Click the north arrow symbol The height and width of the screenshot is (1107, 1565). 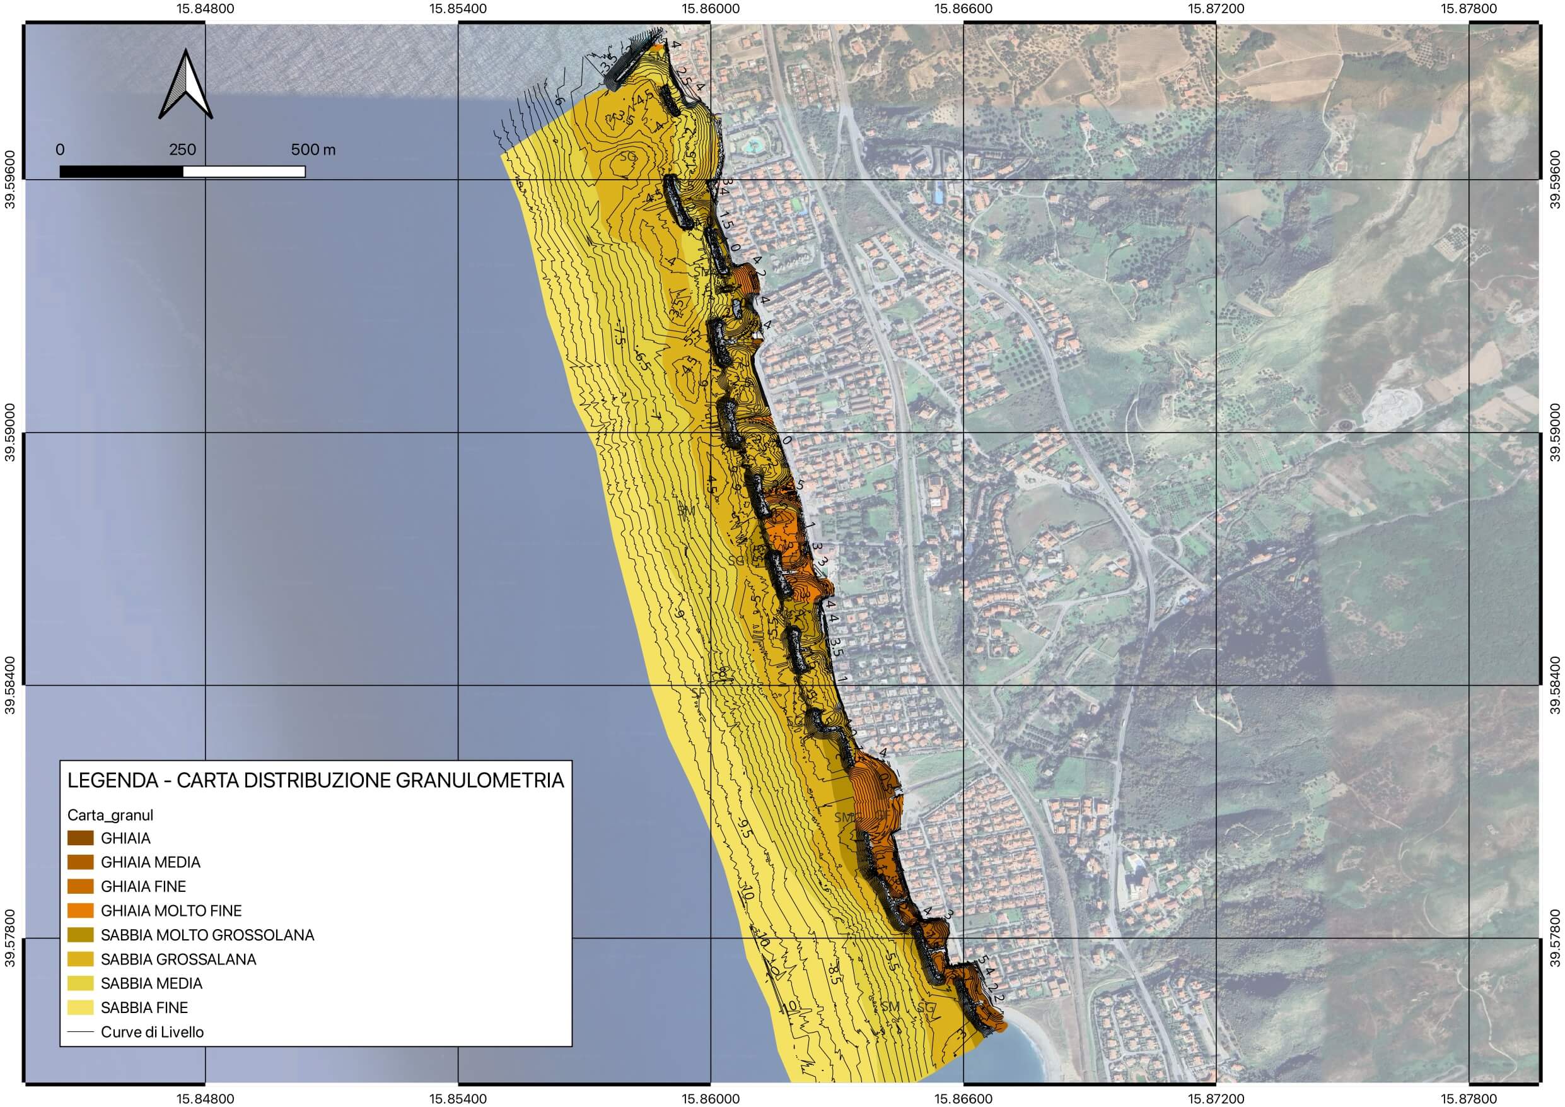coord(185,86)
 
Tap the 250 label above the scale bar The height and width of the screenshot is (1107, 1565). coord(182,150)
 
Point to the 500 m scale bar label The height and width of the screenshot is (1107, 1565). coord(313,150)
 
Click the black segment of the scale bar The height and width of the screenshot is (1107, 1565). coord(121,171)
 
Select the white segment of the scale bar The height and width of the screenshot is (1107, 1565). coord(244,171)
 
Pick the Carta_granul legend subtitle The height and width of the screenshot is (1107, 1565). coord(110,815)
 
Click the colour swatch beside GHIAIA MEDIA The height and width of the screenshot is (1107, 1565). coord(81,862)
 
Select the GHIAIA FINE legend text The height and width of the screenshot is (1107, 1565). coord(143,887)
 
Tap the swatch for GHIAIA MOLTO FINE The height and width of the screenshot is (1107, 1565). coord(81,911)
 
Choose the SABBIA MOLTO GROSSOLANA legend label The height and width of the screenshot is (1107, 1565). coord(207,935)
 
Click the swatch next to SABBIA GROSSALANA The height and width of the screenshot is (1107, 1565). coord(81,959)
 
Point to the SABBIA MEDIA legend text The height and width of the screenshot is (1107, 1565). coord(151,983)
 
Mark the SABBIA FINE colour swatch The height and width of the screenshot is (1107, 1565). coord(81,1007)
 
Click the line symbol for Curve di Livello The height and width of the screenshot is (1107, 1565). coord(81,1032)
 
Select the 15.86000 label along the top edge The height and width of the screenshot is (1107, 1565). coord(711,9)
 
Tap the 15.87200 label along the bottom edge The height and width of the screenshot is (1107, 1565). coord(1216,1098)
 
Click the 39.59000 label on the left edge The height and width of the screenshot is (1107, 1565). coord(9,433)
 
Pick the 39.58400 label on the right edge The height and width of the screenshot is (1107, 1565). coord(1555,685)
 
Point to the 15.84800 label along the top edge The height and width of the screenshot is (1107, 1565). coord(206,9)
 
